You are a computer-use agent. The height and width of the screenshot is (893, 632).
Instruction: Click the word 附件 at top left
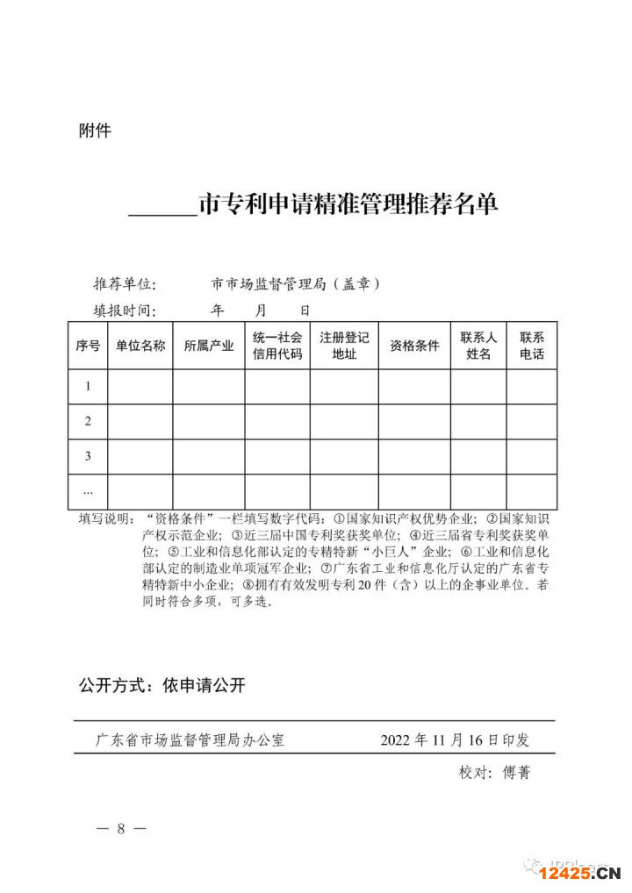[x=95, y=132]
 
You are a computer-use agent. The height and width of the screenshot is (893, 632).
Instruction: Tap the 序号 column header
[x=88, y=346]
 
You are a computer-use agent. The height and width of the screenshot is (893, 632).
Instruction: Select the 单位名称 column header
[x=140, y=346]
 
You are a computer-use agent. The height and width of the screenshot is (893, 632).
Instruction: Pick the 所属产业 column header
[x=209, y=346]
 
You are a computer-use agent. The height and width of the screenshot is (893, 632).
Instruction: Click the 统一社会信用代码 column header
[x=277, y=346]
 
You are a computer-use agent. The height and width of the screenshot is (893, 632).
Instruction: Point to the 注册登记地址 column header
[x=344, y=346]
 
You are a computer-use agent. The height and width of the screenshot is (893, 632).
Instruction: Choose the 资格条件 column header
[x=414, y=346]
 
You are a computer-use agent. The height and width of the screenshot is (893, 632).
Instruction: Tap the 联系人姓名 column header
[x=478, y=346]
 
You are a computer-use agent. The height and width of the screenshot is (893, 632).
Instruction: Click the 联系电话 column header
[x=532, y=346]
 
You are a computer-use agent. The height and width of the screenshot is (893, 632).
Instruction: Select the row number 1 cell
[x=88, y=386]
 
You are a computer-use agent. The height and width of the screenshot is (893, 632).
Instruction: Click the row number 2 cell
[x=88, y=421]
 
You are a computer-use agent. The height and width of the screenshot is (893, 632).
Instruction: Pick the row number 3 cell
[x=88, y=456]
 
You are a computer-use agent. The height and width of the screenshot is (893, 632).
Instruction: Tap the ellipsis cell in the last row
[x=88, y=490]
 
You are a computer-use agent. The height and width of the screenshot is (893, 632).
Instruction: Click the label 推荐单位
[x=125, y=284]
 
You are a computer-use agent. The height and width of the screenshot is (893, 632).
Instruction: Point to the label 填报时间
[x=125, y=311]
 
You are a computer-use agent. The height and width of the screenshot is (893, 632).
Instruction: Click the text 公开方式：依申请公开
[x=162, y=686]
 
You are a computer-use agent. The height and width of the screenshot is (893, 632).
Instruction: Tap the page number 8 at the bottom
[x=121, y=829]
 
